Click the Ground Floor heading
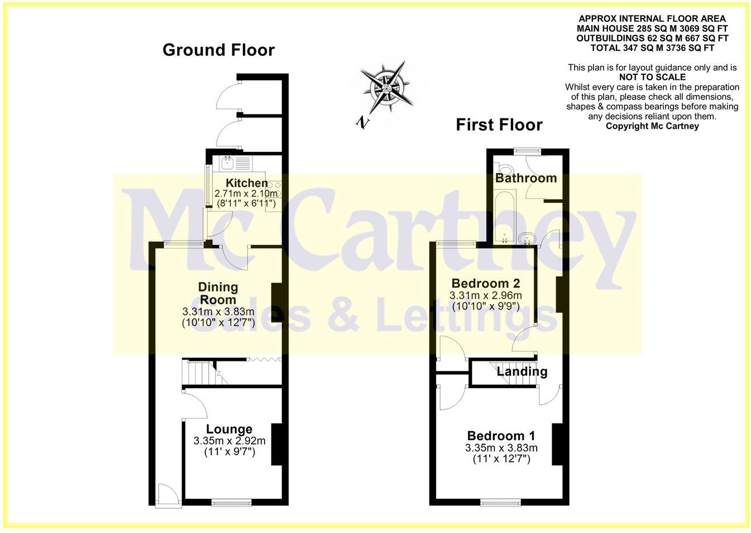pyautogui.click(x=218, y=50)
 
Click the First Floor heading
pyautogui.click(x=499, y=124)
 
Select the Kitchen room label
pyautogui.click(x=246, y=183)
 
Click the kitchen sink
pyautogui.click(x=228, y=163)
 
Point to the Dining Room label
pyautogui.click(x=218, y=293)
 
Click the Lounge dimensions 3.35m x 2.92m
pyautogui.click(x=229, y=441)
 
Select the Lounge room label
pyautogui.click(x=229, y=429)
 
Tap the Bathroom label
pyautogui.click(x=526, y=178)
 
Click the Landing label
pyautogui.click(x=522, y=372)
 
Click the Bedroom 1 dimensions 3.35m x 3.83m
pyautogui.click(x=501, y=448)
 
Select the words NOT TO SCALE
pyautogui.click(x=652, y=77)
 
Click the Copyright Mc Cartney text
pyautogui.click(x=652, y=126)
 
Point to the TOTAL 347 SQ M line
pyautogui.click(x=652, y=48)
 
